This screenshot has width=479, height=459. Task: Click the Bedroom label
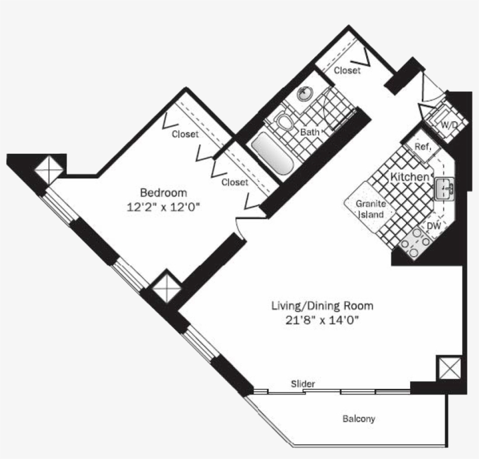164,192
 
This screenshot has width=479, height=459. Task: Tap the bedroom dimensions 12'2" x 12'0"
163,208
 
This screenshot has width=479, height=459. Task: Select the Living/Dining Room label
322,306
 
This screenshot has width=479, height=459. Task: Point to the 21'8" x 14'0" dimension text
322,320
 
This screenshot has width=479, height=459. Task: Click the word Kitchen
409,177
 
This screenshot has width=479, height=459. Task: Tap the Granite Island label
370,209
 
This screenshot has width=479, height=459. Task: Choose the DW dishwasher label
434,226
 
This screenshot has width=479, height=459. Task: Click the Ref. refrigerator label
423,147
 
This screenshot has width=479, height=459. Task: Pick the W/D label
449,125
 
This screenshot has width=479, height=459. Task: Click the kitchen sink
445,189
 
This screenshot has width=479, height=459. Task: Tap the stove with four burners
415,243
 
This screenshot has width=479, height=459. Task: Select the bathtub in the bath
272,154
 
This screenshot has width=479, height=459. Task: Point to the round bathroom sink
305,94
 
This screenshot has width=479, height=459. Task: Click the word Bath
310,132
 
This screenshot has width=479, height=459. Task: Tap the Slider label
303,384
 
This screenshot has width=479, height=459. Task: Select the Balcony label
359,419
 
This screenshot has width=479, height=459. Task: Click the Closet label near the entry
347,70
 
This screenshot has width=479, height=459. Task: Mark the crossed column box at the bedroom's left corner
49,170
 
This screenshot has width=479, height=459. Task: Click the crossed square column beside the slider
450,368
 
